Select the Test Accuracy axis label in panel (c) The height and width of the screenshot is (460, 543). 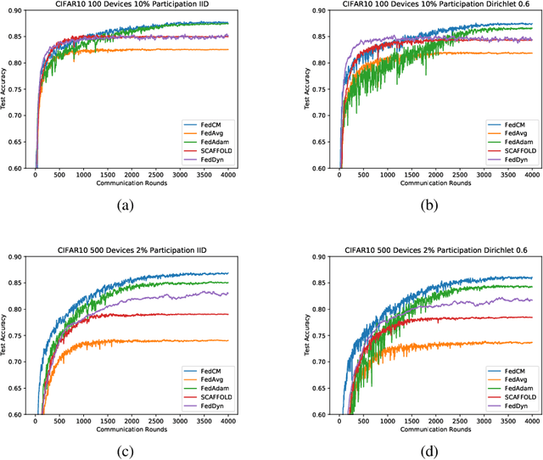tap(7, 335)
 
